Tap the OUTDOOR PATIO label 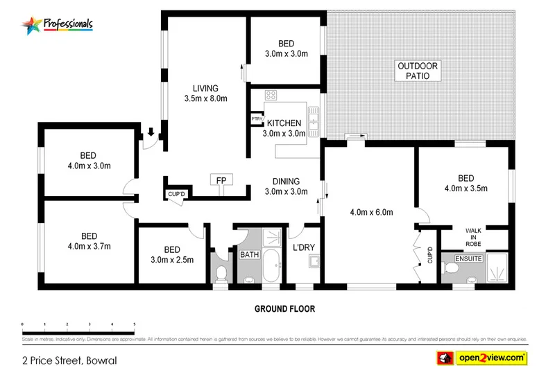point(418,71)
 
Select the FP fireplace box point(221,180)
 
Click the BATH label point(249,255)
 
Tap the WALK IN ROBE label point(474,237)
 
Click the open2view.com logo point(481,358)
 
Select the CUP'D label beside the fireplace point(176,193)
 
